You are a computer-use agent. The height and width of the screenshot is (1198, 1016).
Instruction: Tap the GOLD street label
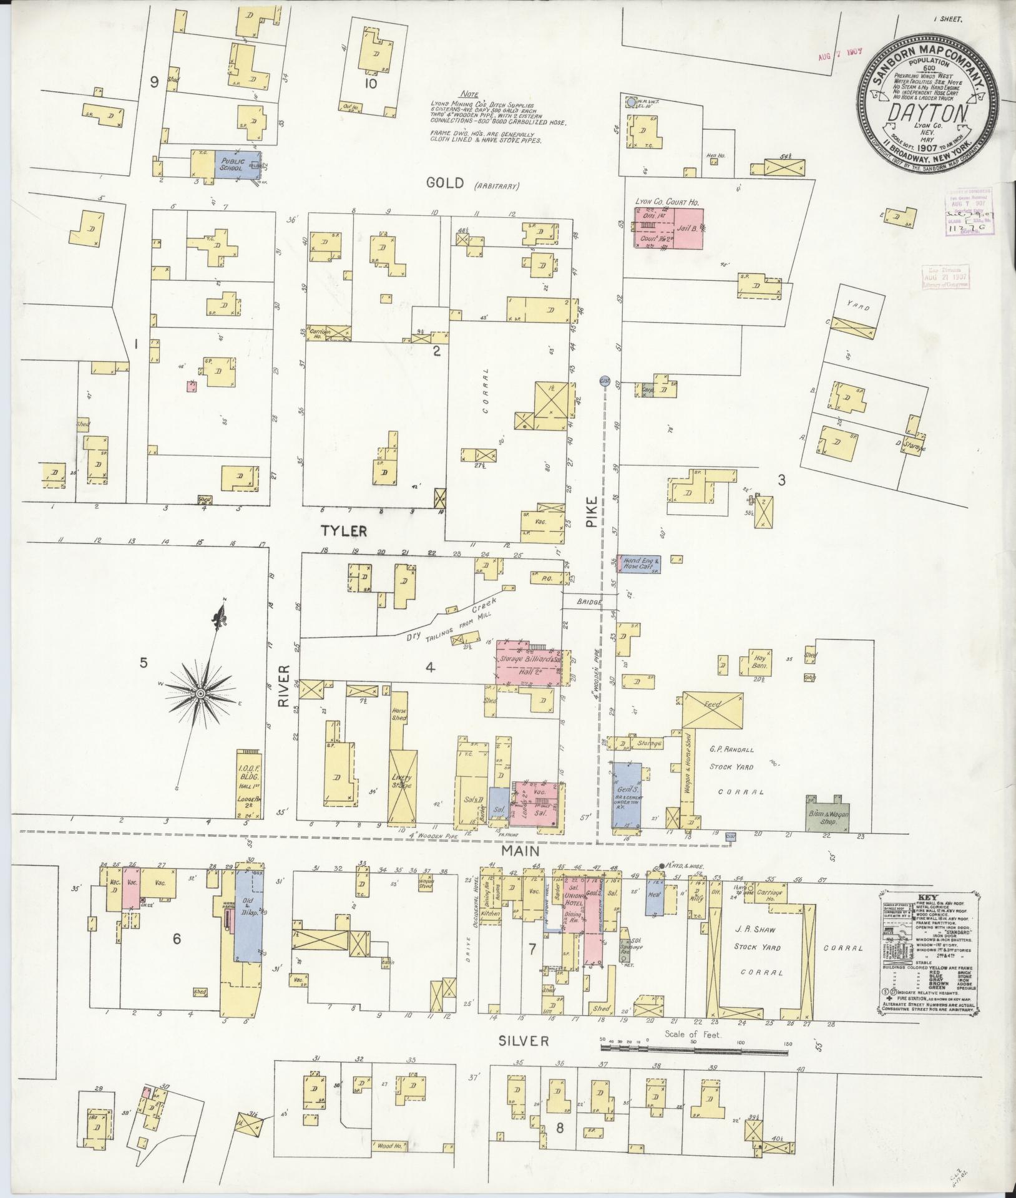coord(445,182)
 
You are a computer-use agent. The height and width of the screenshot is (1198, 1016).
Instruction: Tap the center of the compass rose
coord(200,694)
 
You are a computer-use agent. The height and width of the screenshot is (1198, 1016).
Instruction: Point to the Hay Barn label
coord(760,662)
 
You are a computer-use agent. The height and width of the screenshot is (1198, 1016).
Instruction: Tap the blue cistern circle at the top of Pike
coord(603,379)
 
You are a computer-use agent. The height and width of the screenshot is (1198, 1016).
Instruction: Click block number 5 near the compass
coord(144,663)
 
